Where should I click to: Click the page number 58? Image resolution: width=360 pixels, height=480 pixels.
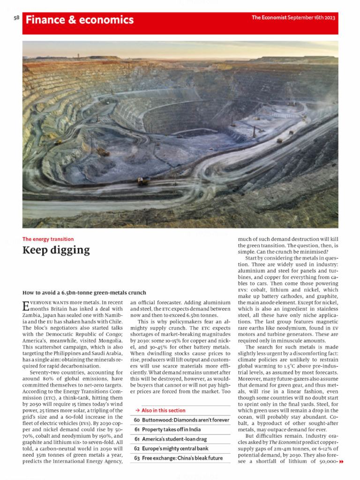click(16, 18)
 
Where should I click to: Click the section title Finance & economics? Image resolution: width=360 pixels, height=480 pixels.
click(80, 20)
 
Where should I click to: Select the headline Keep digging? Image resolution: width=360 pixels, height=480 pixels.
click(56, 250)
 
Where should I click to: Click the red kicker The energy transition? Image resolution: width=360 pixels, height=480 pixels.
click(48, 239)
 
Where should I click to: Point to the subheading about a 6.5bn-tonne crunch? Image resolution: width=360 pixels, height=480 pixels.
click(84, 292)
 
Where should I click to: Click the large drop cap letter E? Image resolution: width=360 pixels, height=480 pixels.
click(26, 306)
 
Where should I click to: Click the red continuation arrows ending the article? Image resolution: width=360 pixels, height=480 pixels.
click(341, 462)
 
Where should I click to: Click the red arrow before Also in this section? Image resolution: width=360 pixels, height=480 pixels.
click(136, 411)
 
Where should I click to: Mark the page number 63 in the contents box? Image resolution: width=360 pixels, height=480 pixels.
click(137, 458)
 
